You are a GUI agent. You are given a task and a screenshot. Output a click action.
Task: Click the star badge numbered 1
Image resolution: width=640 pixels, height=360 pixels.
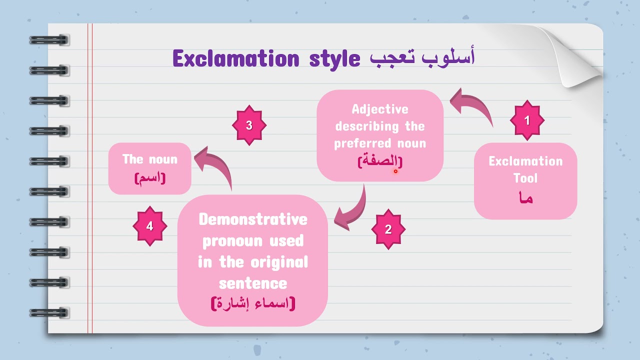pyautogui.click(x=526, y=120)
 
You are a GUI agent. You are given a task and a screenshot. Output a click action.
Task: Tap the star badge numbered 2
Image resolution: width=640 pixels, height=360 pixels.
pyautogui.click(x=388, y=229)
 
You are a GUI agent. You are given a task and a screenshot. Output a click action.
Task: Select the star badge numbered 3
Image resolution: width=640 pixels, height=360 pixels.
pyautogui.click(x=249, y=125)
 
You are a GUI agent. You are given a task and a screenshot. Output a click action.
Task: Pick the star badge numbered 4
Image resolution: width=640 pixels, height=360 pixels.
pyautogui.click(x=149, y=226)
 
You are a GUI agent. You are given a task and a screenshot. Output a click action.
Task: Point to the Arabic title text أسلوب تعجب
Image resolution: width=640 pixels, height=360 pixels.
pyautogui.click(x=422, y=57)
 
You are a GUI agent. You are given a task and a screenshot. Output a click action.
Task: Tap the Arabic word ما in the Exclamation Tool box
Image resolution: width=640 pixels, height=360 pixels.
pyautogui.click(x=525, y=198)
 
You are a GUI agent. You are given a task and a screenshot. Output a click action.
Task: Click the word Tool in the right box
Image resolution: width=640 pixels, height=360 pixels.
pyautogui.click(x=525, y=178)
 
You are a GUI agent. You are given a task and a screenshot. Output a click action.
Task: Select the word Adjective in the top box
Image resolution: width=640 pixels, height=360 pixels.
pyautogui.click(x=380, y=109)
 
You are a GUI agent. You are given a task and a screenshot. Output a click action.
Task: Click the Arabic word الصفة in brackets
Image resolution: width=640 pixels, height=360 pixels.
pyautogui.click(x=380, y=161)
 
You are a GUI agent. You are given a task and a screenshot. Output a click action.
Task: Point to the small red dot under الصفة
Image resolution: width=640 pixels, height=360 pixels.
pyautogui.click(x=395, y=171)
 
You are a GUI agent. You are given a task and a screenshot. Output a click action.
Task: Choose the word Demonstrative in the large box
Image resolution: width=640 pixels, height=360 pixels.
pyautogui.click(x=252, y=219)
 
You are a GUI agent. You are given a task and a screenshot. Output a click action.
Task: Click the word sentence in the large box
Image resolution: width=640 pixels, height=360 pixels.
pyautogui.click(x=252, y=283)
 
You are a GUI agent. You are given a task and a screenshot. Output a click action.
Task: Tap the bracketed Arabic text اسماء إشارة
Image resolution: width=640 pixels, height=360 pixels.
pyautogui.click(x=253, y=303)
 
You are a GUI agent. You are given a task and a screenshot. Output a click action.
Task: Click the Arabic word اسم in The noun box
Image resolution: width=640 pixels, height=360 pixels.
pyautogui.click(x=150, y=177)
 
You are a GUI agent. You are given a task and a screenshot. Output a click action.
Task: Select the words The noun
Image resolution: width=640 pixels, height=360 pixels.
pyautogui.click(x=150, y=159)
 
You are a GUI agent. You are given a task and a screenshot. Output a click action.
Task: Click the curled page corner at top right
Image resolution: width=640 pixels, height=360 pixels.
pyautogui.click(x=575, y=55)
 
